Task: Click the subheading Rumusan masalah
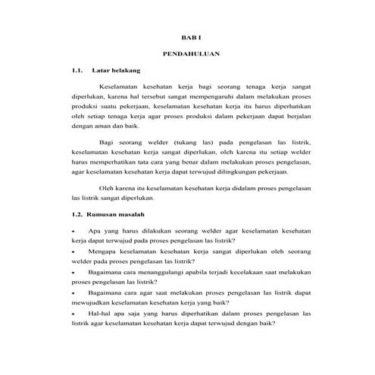coord(114,214)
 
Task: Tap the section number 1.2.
coord(73,214)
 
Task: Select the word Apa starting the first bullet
coord(95,230)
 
